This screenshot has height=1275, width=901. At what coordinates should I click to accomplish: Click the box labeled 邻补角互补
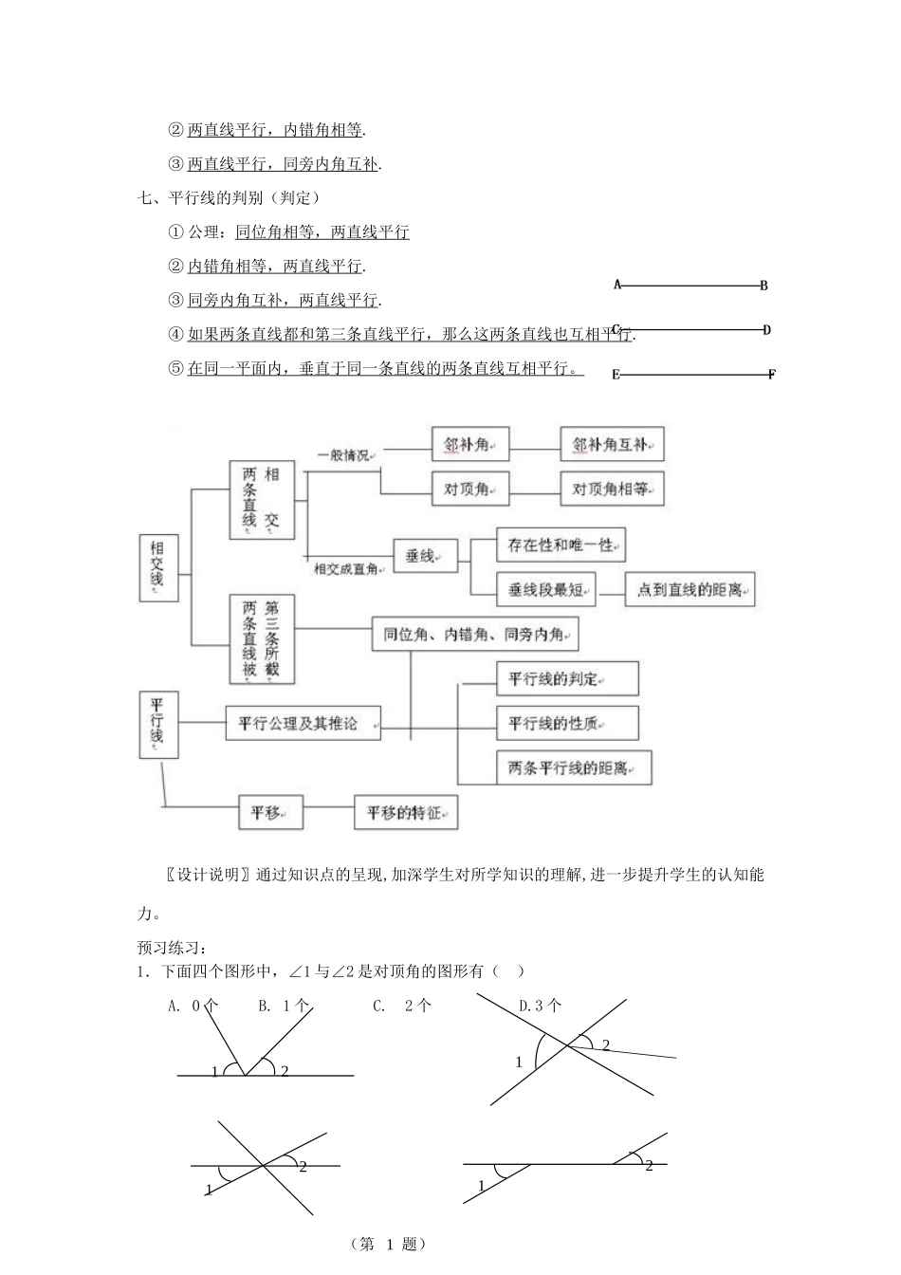(611, 444)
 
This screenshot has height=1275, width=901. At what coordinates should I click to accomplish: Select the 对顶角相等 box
(611, 489)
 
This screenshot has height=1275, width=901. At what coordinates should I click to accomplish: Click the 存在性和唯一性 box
(561, 545)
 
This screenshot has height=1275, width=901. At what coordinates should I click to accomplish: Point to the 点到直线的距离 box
(690, 589)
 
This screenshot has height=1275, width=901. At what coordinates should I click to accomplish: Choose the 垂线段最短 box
(546, 589)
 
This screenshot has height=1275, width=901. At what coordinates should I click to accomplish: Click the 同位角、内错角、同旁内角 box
(474, 635)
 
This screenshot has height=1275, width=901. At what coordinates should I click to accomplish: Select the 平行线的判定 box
(566, 678)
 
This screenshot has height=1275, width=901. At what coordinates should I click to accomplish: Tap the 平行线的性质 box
(566, 723)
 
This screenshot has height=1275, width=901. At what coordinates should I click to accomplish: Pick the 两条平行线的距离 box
(573, 767)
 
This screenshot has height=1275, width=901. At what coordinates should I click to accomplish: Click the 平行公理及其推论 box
(303, 723)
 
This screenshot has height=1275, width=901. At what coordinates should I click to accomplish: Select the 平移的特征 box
(405, 813)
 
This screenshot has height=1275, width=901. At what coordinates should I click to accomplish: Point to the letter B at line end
(763, 286)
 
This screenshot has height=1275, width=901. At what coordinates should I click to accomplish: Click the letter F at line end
(771, 375)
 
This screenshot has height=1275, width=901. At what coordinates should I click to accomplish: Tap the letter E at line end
(616, 375)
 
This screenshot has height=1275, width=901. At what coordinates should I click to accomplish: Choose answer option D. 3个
(540, 1006)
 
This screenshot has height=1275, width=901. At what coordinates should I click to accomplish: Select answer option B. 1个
(284, 1006)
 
